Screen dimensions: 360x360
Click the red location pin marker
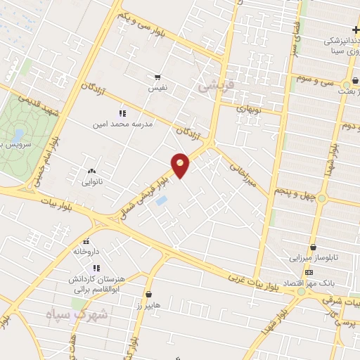181,165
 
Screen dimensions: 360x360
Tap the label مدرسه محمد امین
122,124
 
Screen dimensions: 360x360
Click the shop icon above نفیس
157,78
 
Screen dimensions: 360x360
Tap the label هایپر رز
149,306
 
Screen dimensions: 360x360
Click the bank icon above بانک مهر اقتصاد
309,272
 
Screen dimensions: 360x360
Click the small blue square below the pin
162,201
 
